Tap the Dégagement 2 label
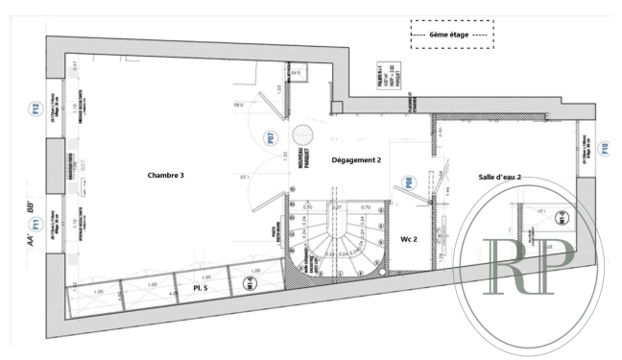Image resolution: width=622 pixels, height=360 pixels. pyautogui.click(x=356, y=160)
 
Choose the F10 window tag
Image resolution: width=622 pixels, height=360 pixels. pyautogui.click(x=604, y=149)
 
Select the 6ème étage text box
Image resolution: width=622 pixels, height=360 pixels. pyautogui.click(x=451, y=35)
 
